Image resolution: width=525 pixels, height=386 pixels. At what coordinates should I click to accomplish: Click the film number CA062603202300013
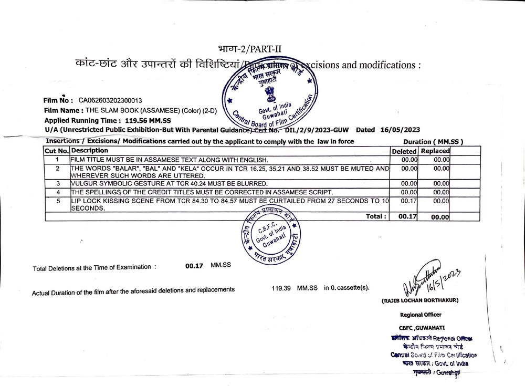point(110,100)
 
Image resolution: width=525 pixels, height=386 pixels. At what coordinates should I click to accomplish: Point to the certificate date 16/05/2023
point(400,130)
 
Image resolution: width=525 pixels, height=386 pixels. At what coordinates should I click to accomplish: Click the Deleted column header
point(404,151)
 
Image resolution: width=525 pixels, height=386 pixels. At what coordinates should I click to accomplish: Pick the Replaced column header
point(435,151)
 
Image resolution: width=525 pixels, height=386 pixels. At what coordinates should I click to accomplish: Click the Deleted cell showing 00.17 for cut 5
point(408,201)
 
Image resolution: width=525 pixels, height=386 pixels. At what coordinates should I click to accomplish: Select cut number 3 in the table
point(58,184)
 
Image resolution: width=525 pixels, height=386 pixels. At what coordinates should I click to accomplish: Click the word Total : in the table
point(377,216)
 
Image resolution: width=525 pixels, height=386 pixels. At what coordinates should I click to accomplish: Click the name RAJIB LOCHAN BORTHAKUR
point(420,300)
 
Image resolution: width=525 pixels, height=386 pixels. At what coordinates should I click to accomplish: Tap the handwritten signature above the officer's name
point(425,279)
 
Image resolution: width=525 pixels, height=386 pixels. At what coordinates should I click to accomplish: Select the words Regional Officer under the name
point(421,315)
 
